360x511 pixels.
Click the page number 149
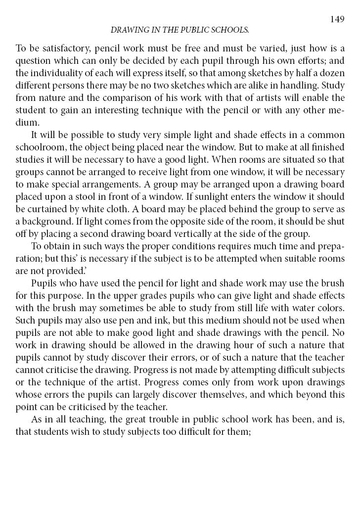(x=337, y=19)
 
